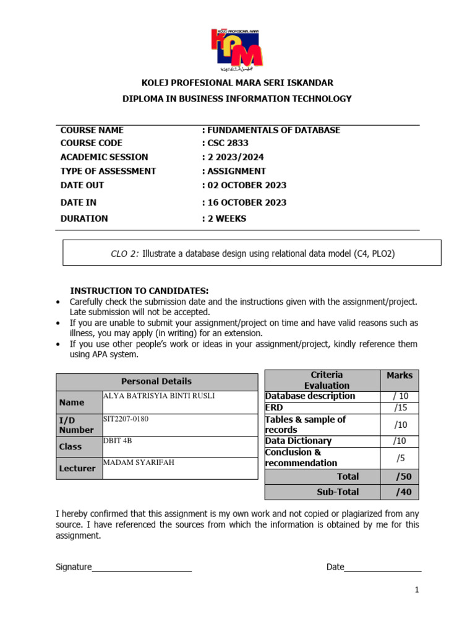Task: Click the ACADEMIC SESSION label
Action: (104, 157)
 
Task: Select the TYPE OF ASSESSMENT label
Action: (108, 171)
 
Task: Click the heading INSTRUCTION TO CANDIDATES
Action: (139, 290)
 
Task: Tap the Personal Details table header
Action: (156, 381)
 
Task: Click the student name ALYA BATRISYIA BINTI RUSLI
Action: (159, 396)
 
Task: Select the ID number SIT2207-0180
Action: (126, 419)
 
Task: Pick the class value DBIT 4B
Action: (118, 441)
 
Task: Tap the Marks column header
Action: (399, 375)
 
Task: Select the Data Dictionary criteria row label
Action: (298, 441)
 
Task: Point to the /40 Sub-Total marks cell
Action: (403, 492)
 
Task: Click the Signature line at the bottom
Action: (142, 568)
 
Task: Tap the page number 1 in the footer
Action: (417, 590)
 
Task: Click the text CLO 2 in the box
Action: (124, 253)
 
